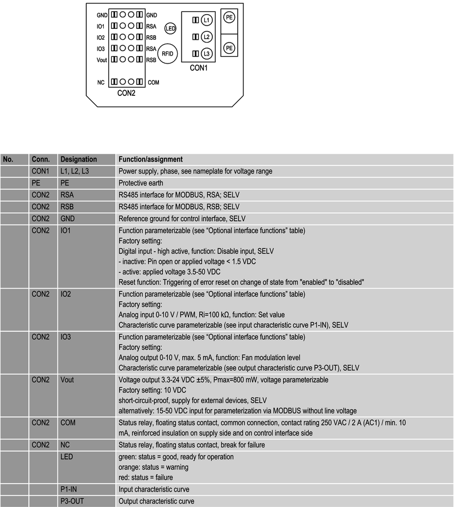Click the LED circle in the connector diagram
170,28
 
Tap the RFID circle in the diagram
167,53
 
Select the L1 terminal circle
206,20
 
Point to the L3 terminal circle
206,53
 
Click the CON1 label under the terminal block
199,68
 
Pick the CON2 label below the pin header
126,93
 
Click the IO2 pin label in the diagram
100,37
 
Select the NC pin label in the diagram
101,82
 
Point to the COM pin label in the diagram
153,82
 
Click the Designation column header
78,159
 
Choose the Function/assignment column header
150,159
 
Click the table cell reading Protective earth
141,183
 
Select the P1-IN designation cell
70,489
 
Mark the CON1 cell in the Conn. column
41,171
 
